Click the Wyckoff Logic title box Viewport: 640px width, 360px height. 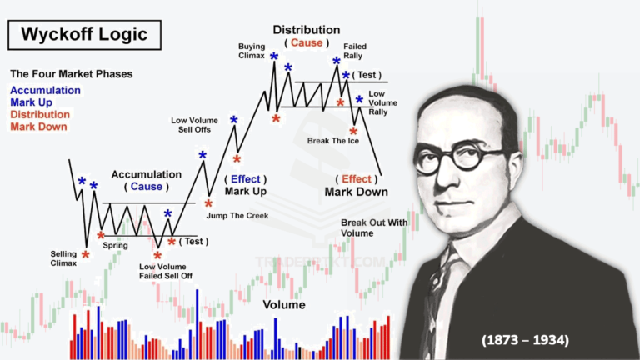click(84, 35)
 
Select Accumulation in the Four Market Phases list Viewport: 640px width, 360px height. click(45, 90)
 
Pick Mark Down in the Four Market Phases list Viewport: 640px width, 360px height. click(38, 127)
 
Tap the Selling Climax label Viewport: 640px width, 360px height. click(63, 258)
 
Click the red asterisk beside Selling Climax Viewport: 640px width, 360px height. click(85, 255)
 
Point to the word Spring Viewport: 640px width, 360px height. click(115, 245)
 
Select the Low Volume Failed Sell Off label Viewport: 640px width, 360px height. click(165, 271)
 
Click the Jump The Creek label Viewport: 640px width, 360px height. click(237, 216)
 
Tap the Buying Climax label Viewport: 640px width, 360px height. click(252, 51)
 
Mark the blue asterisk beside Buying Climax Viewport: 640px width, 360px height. click(274, 57)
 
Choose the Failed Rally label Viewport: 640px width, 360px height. click(355, 51)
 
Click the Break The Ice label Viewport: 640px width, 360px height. click(333, 141)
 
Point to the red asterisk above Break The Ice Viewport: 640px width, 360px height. click(353, 132)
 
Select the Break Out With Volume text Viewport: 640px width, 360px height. click(374, 227)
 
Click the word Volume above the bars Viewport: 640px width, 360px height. click(284, 305)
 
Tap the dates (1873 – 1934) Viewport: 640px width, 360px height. click(525, 340)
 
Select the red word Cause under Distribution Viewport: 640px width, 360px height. click(307, 42)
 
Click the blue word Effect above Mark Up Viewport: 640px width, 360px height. click(245, 179)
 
